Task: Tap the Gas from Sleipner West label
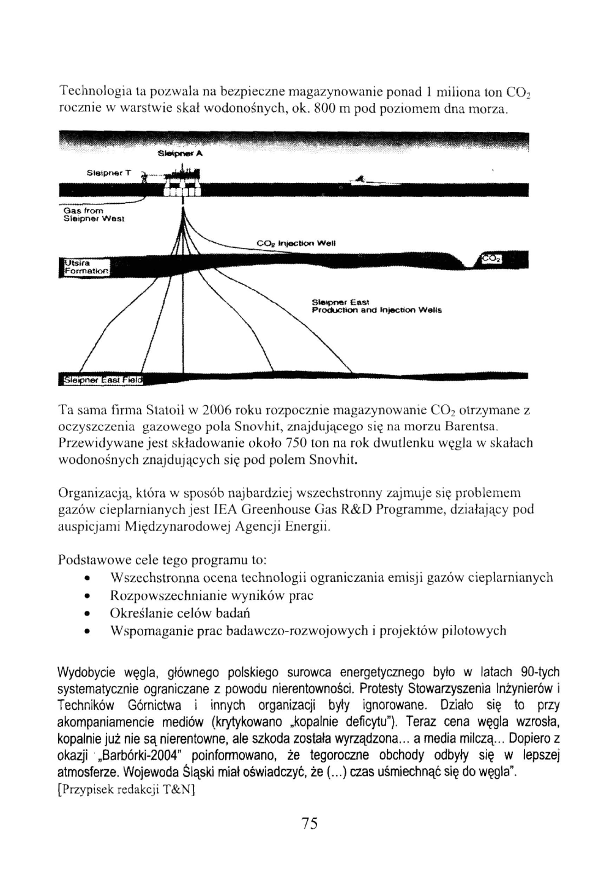(x=94, y=215)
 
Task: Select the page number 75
(x=310, y=824)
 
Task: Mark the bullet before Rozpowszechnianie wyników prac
(x=89, y=596)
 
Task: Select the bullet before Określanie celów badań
(x=89, y=614)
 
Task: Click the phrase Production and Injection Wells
(x=376, y=310)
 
